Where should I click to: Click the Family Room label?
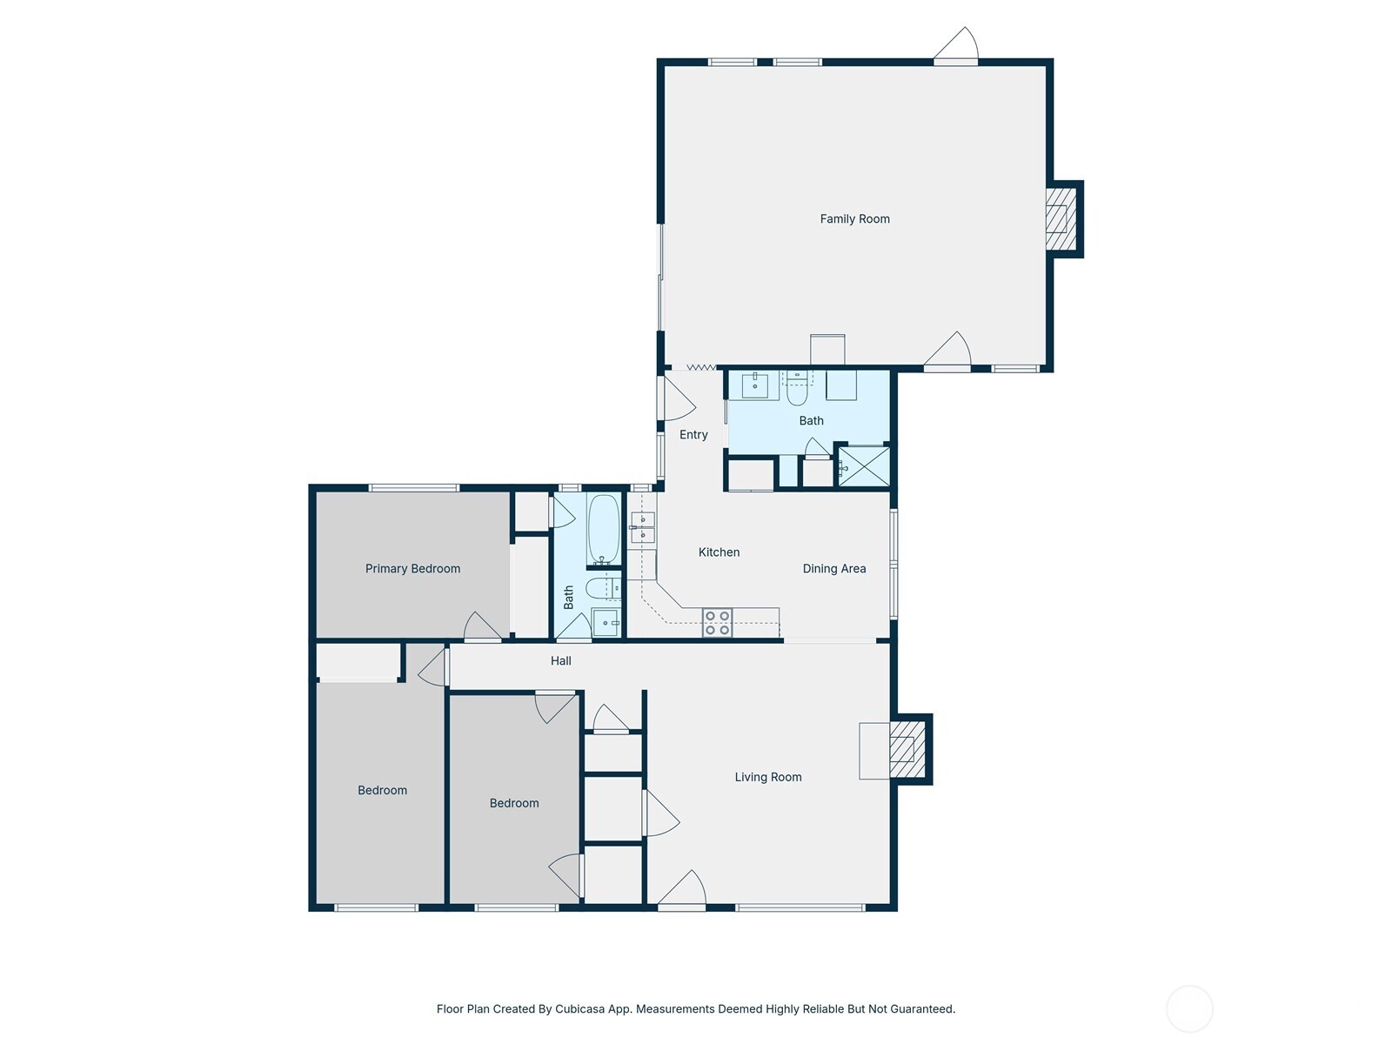[x=854, y=218]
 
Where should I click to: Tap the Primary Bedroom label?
[x=412, y=569]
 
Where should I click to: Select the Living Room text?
[x=767, y=777]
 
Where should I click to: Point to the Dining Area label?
[x=834, y=569]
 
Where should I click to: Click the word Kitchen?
[x=719, y=552]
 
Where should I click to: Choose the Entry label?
[x=693, y=435]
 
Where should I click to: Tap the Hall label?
[x=560, y=660]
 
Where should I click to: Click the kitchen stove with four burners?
[x=717, y=622]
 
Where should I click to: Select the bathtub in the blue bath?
[x=603, y=529]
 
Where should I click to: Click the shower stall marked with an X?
[x=865, y=466]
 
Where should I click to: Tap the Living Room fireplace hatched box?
[x=908, y=750]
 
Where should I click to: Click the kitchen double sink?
[x=642, y=527]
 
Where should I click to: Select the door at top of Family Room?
[x=955, y=45]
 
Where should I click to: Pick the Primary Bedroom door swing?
[x=483, y=626]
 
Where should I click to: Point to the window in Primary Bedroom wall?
[x=414, y=487]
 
